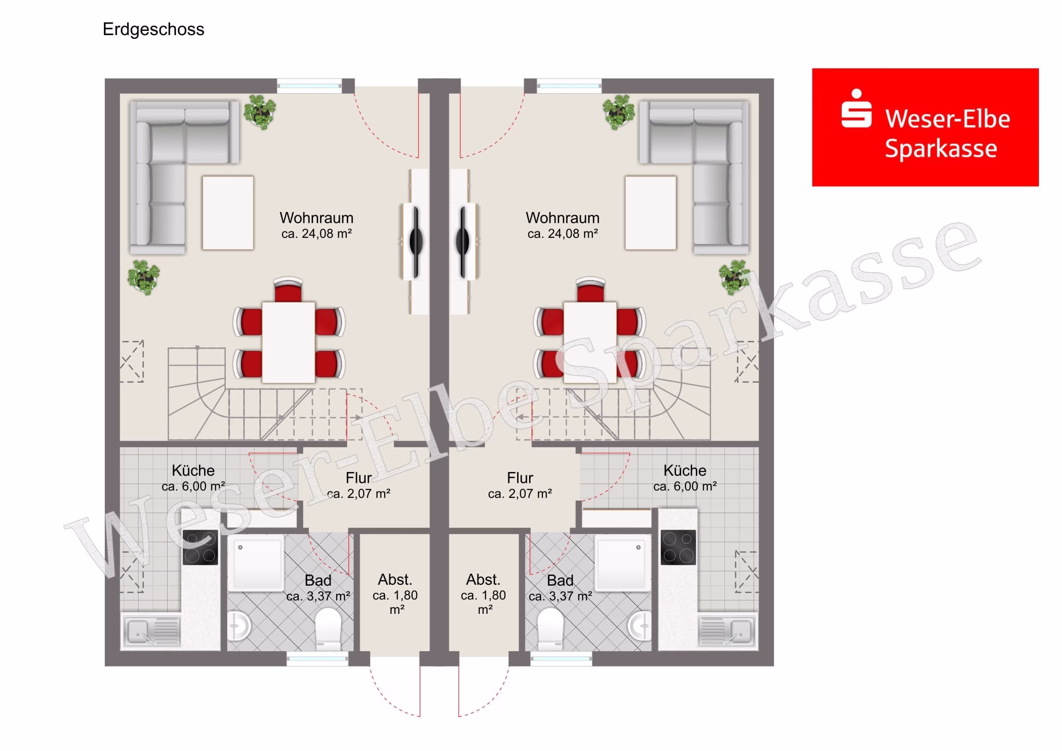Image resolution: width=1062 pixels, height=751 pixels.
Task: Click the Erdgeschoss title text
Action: (153, 29)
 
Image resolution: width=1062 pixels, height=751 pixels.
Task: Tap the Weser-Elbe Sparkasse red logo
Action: (925, 127)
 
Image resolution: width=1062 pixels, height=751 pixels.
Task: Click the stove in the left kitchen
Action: (200, 547)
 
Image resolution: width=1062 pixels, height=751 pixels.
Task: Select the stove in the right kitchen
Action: (678, 547)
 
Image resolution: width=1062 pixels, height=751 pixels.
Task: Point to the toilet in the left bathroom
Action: (328, 629)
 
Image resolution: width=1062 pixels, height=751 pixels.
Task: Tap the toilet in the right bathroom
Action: (550, 629)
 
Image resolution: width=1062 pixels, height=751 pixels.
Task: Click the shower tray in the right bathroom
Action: (622, 563)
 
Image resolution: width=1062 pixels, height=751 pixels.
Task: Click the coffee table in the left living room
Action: (228, 213)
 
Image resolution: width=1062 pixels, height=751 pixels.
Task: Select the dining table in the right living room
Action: (590, 342)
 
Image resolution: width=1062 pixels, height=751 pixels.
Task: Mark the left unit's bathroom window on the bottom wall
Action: (317, 659)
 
